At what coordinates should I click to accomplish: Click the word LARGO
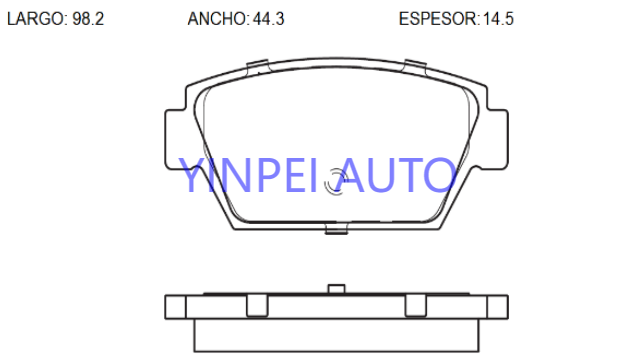[36, 19]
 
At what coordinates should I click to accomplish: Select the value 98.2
[88, 19]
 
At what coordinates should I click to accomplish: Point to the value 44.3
[269, 19]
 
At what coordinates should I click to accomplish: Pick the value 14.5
[498, 19]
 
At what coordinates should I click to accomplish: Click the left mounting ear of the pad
[175, 139]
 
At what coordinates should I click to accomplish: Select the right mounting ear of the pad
[497, 139]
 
